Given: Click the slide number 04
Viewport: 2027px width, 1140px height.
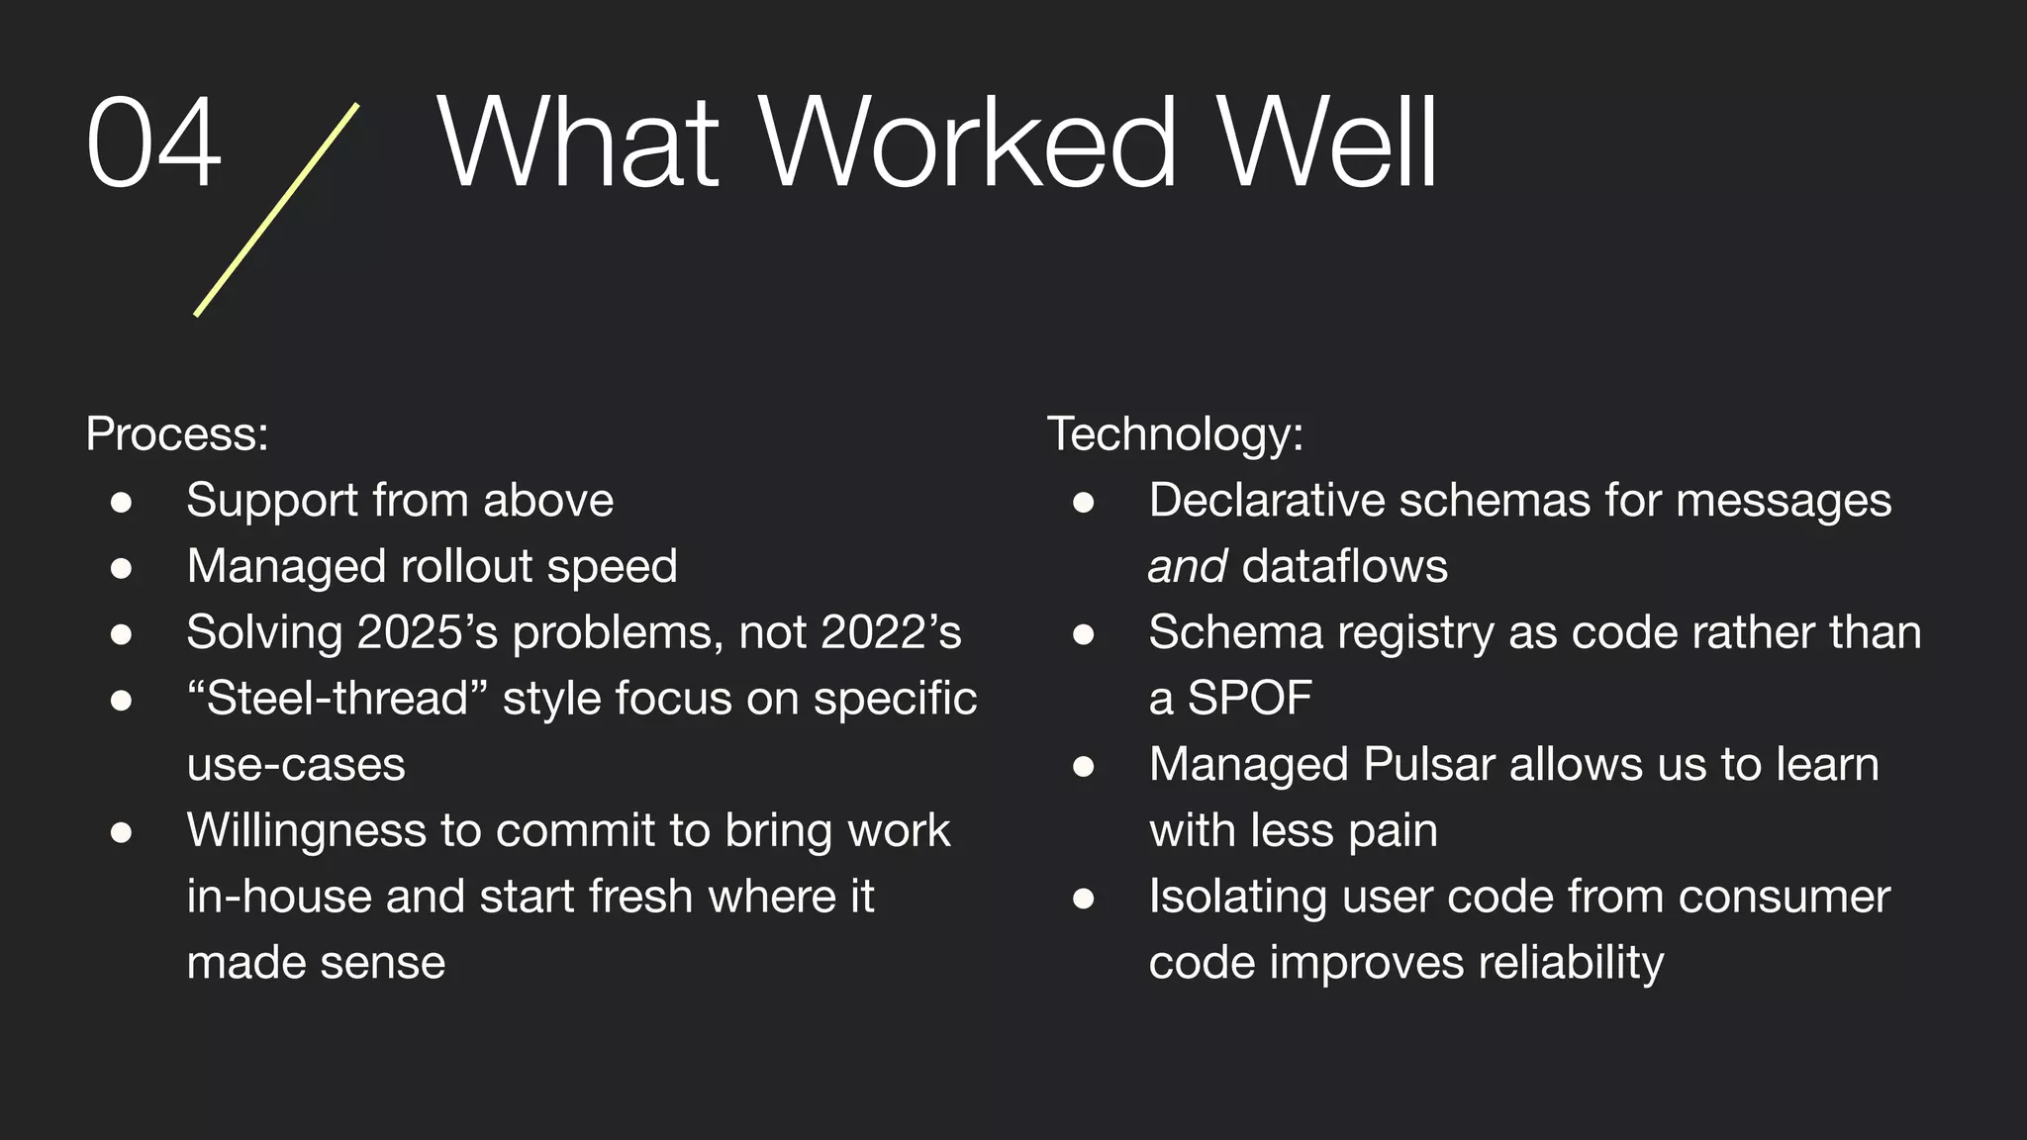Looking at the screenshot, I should coord(153,142).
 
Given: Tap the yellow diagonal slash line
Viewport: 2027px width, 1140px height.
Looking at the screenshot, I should coord(276,210).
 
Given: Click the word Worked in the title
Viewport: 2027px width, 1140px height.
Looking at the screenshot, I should coord(968,142).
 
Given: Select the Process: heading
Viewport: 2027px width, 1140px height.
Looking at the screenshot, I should coord(177,433).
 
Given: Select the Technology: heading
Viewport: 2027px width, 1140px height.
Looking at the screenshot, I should coord(1175,433).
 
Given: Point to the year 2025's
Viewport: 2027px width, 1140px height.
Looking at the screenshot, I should coord(427,632).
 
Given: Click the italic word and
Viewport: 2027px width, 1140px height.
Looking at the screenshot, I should coord(1187,567).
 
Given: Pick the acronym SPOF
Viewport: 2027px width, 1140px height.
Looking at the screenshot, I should coord(1250,699).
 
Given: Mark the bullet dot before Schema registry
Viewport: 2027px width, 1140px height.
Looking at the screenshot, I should coord(1084,634).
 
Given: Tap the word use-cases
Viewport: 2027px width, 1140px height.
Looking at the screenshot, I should coord(296,765).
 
